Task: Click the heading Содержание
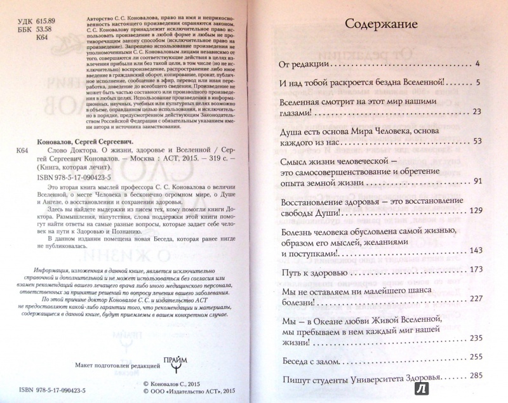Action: click(380, 25)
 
